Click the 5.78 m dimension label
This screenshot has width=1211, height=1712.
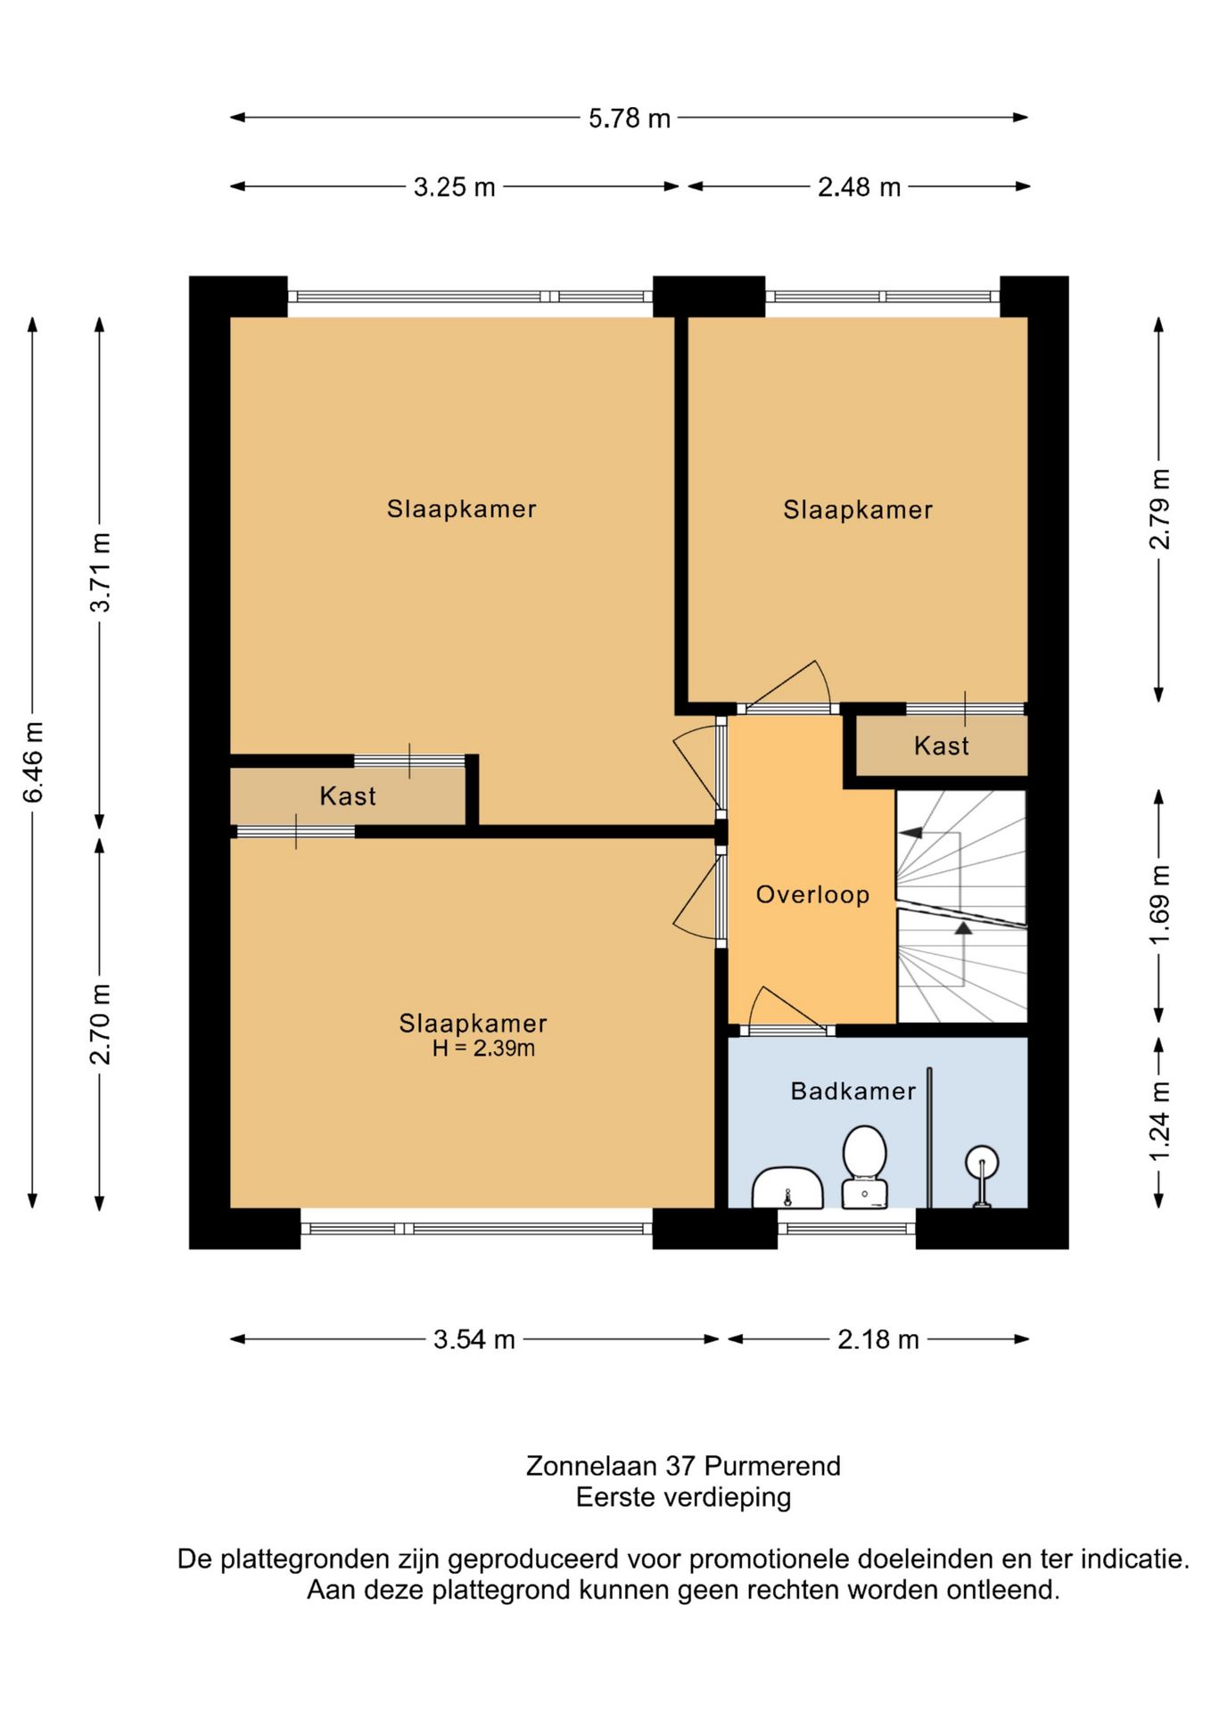[x=629, y=119]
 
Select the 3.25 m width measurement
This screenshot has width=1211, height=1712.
[x=454, y=187]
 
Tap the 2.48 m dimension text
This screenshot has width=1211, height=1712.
[x=859, y=187]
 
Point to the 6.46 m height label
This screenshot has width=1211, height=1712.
[x=33, y=762]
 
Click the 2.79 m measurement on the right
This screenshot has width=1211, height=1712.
[x=1158, y=509]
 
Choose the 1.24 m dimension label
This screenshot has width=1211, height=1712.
[x=1158, y=1122]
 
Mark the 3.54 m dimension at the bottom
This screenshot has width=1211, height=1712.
[x=474, y=1339]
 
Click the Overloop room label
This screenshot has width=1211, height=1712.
[x=812, y=894]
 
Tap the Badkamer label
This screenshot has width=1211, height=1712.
[x=853, y=1091]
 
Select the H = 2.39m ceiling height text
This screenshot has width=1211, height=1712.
[x=483, y=1049]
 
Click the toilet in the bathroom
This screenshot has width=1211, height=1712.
[x=864, y=1166]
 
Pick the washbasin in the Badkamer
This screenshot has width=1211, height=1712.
[x=787, y=1188]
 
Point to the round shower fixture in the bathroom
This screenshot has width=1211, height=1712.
[x=982, y=1175]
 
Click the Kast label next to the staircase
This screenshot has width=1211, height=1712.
[x=942, y=745]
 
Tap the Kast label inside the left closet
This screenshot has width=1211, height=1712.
[x=348, y=795]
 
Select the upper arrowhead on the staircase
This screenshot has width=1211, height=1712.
[x=910, y=833]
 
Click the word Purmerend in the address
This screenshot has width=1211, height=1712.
[x=772, y=1466]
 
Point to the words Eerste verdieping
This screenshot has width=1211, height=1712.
[x=683, y=1497]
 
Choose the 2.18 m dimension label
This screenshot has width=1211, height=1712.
[x=878, y=1339]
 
